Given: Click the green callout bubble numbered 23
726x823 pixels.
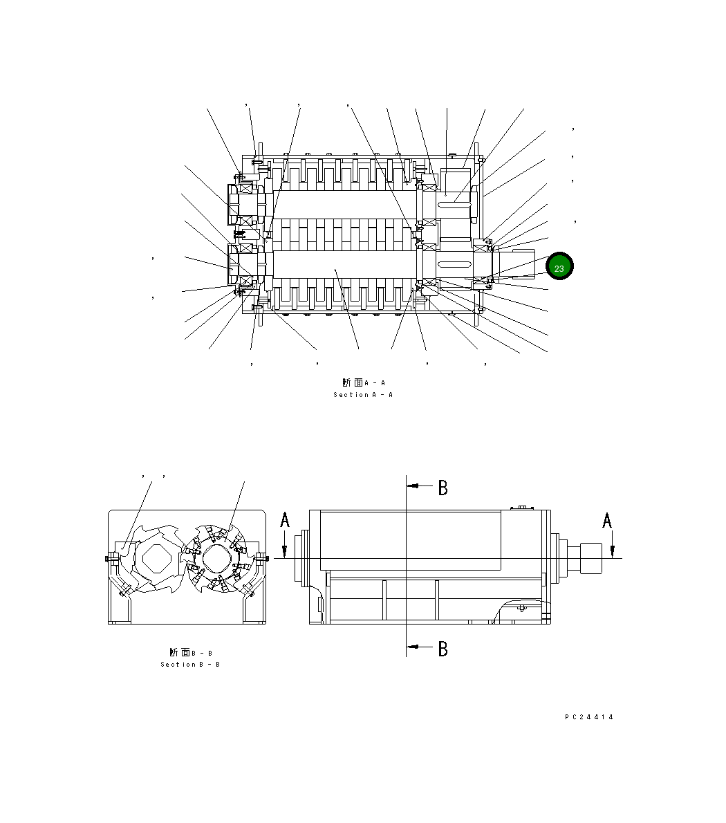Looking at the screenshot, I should point(559,267).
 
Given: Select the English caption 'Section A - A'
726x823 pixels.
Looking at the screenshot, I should point(363,395).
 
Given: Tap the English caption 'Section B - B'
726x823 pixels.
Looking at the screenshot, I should point(190,665).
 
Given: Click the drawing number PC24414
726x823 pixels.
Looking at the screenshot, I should point(589,717).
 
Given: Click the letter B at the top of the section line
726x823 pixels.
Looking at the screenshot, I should point(443,488).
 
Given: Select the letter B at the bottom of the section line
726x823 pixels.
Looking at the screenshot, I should point(443,649).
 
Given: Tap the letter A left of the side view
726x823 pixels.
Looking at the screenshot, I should point(285,520).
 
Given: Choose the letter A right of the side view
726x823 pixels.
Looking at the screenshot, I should point(607,520).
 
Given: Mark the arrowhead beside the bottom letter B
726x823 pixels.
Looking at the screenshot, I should point(414,647).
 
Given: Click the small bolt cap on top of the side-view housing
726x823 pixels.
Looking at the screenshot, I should point(523,508).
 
